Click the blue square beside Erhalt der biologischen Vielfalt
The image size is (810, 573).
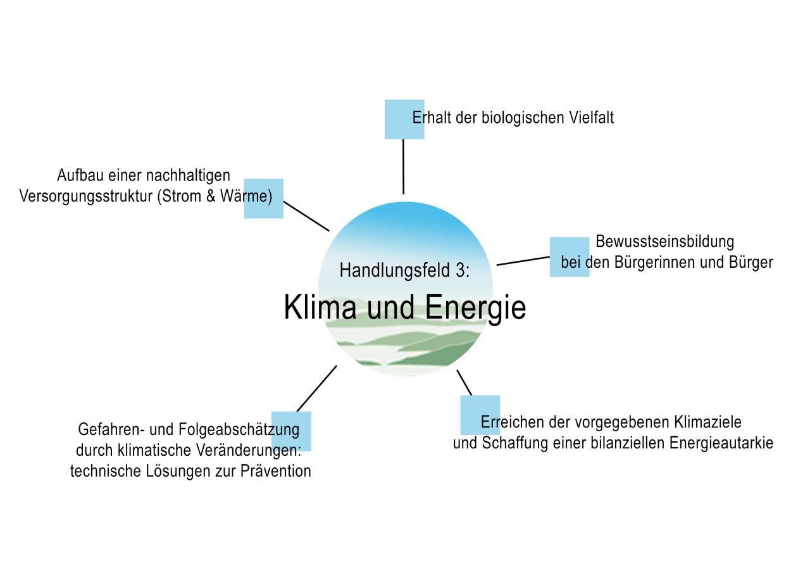404,119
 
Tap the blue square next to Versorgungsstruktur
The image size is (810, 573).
263,198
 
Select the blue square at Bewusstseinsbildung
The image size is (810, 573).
569,256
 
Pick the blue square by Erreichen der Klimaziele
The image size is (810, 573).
480,415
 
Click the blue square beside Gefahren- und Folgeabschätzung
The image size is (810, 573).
291,431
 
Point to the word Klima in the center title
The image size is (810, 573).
318,308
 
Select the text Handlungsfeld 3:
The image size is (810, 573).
405,270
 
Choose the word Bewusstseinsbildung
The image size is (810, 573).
664,242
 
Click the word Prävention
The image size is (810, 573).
276,472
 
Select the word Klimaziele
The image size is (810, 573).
708,422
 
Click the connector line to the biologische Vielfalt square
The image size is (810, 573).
403,167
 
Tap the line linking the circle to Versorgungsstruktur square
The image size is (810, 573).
306,216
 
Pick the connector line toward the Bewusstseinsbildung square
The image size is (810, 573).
523,261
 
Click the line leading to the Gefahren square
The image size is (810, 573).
316,388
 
